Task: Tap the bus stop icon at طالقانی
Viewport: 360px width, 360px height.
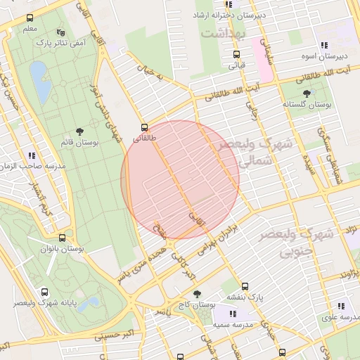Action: [144, 127]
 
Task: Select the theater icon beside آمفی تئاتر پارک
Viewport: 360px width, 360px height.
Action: [60, 32]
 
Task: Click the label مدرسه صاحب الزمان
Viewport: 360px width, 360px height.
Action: [32, 165]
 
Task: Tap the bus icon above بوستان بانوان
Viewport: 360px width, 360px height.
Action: [63, 238]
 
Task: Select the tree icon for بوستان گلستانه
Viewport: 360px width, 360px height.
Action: [307, 93]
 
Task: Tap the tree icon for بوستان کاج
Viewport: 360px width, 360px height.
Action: [196, 293]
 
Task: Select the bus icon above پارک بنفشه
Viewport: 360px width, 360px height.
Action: [245, 286]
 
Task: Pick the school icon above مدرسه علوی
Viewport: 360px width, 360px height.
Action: [341, 306]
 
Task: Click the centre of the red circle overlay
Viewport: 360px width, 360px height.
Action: [181, 179]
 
